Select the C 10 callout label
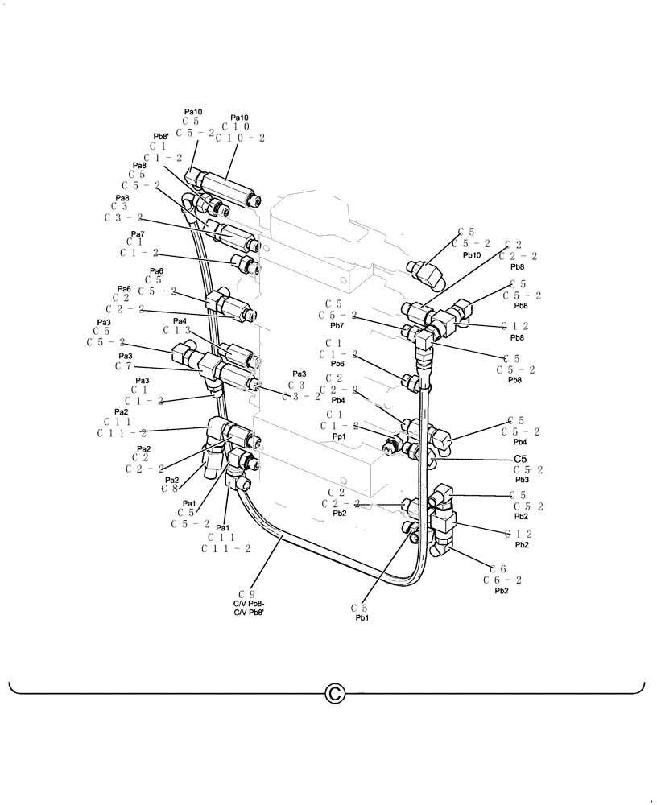pyautogui.click(x=239, y=127)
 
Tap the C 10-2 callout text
pyautogui.click(x=239, y=138)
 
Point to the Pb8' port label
pyautogui.click(x=160, y=137)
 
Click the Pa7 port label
pyautogui.click(x=137, y=233)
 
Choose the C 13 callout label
pyautogui.click(x=176, y=330)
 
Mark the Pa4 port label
pyautogui.click(x=178, y=320)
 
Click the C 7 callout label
pyautogui.click(x=123, y=366)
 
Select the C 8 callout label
pyautogui.click(x=169, y=488)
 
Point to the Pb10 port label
pyautogui.click(x=471, y=254)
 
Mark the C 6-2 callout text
pyautogui.click(x=502, y=580)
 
